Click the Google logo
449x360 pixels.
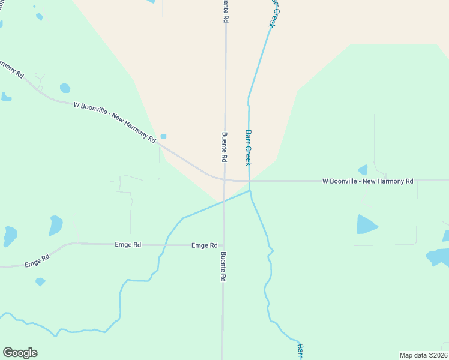coord(20,353)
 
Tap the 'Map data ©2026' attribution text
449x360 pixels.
coord(423,355)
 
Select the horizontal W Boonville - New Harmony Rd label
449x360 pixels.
coord(367,181)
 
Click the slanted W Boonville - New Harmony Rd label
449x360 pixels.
coord(115,122)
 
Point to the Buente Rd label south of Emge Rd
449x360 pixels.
coord(223,267)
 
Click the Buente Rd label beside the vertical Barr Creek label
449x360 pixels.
coord(224,147)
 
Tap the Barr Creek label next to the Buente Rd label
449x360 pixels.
coord(249,148)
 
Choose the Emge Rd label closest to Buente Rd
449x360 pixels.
coord(204,245)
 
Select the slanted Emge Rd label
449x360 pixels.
coord(37,261)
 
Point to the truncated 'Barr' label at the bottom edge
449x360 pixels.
coord(300,352)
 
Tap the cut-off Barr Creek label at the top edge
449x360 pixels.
coord(274,12)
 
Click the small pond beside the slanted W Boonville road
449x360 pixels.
coord(163,136)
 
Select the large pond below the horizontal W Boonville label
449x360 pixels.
coord(366,224)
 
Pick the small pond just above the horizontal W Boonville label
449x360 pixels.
coord(363,170)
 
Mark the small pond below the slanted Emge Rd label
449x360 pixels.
coord(40,281)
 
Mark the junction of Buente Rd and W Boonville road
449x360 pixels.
coord(225,179)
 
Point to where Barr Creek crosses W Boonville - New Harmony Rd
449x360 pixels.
coord(249,181)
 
